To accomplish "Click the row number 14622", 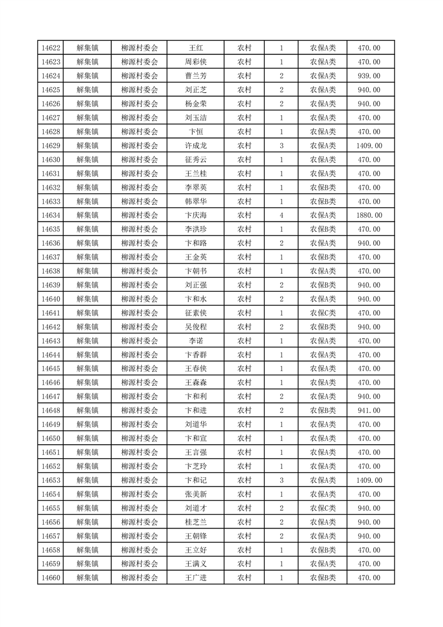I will [51, 48].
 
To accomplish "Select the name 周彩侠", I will [196, 62].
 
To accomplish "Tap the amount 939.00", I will [369, 76].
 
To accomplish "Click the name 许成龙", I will [196, 146].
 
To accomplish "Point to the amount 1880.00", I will [369, 215].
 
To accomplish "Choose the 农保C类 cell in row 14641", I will [323, 313].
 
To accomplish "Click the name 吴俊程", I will [196, 327].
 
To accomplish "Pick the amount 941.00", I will [369, 411].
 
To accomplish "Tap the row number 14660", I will [51, 578].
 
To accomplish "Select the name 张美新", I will [196, 494].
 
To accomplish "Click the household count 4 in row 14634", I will [281, 215].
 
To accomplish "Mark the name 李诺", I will [196, 341].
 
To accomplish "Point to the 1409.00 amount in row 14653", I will [369, 480].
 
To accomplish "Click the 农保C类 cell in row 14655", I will [323, 508].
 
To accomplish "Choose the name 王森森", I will [196, 383].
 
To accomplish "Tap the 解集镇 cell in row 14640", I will [87, 299].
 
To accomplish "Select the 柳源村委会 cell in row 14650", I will [140, 439].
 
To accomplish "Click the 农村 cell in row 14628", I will [244, 132].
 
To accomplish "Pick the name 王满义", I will [196, 564].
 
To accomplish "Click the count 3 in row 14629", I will [281, 146].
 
